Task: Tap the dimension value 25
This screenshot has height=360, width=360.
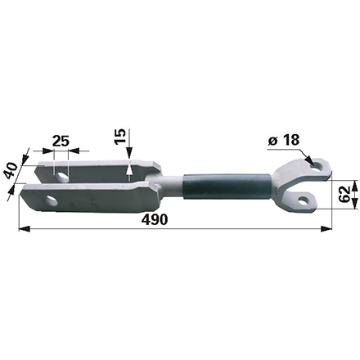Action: tap(59, 141)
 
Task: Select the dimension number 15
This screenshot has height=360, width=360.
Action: tap(121, 137)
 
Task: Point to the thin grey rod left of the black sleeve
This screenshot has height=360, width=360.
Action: tap(170, 187)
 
